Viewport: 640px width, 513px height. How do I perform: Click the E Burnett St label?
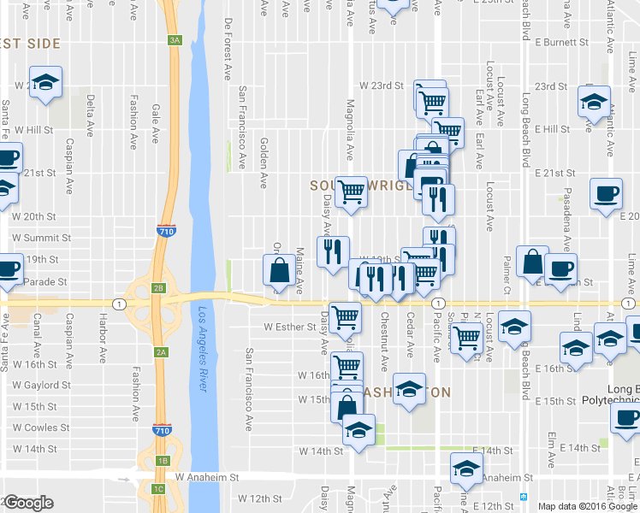click(x=564, y=41)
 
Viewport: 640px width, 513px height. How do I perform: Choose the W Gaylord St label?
click(x=41, y=386)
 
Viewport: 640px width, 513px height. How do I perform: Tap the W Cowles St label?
click(x=40, y=427)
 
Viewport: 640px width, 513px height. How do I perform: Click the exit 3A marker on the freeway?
click(x=175, y=40)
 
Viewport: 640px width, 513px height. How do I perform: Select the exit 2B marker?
click(x=158, y=288)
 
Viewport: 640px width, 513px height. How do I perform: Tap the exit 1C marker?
click(x=157, y=489)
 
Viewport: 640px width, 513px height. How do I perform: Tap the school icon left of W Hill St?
click(x=45, y=82)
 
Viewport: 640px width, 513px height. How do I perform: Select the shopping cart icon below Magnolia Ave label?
click(x=351, y=192)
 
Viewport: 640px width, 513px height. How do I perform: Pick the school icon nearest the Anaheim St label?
click(x=466, y=469)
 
